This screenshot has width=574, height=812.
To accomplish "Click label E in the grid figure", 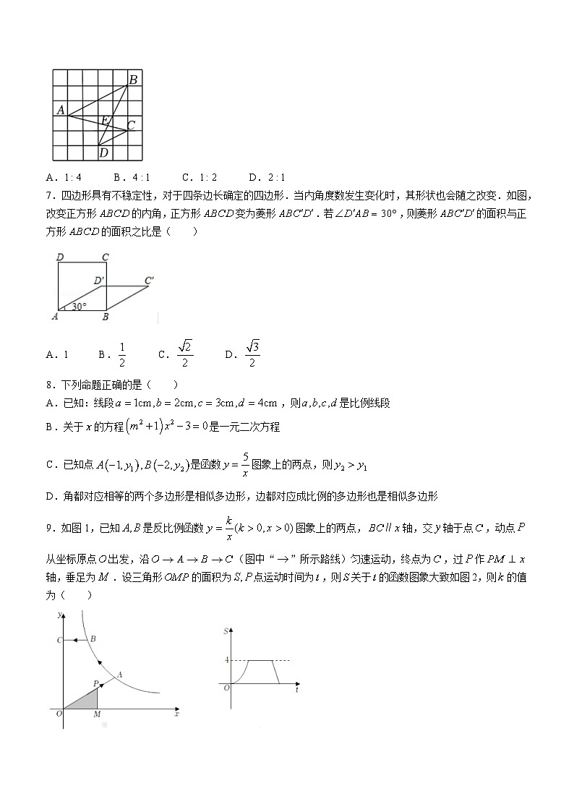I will (x=106, y=119).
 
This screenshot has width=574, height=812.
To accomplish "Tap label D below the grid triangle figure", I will (x=103, y=153).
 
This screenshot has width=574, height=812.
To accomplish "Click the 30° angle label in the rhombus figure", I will (x=79, y=306).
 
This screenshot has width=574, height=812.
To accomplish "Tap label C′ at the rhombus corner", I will (x=150, y=280).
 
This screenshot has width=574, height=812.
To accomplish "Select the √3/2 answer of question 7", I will (x=252, y=353).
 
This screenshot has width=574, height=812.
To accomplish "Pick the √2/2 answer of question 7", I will (x=185, y=353).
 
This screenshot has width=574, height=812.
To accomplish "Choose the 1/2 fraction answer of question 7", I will (x=122, y=354).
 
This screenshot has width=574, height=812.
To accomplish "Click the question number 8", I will (x=48, y=385).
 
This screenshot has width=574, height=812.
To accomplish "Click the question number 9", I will (x=48, y=529).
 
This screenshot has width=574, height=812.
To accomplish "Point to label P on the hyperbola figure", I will (x=95, y=683).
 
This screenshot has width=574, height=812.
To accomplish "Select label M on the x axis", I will (x=97, y=714).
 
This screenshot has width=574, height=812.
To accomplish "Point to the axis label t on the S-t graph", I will (x=297, y=691).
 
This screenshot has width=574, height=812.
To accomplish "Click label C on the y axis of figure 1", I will (x=59, y=640).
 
